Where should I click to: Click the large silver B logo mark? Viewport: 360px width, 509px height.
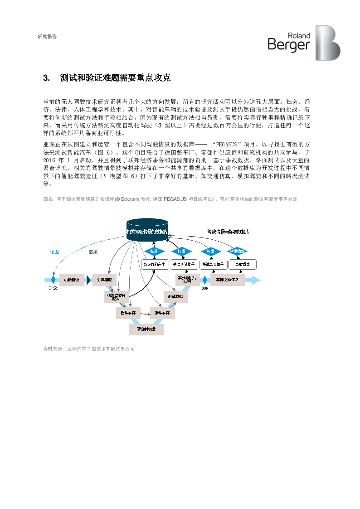[327, 43]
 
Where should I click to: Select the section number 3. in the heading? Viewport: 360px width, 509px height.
[46, 78]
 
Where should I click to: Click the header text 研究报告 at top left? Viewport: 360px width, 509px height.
[47, 37]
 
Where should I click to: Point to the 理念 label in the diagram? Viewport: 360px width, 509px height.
[53, 288]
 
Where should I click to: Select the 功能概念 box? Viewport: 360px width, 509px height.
[72, 280]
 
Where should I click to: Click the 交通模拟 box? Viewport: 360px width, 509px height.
[105, 280]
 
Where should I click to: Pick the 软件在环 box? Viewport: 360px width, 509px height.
[128, 313]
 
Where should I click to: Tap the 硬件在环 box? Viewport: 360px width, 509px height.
[162, 313]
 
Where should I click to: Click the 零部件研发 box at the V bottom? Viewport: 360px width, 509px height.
[146, 329]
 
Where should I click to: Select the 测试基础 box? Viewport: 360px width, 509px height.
[175, 296]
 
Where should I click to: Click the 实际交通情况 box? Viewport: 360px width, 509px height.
[227, 280]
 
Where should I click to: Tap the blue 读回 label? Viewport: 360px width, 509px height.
[54, 252]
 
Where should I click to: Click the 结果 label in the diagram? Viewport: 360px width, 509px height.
[93, 252]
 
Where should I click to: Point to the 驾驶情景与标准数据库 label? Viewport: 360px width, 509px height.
[227, 231]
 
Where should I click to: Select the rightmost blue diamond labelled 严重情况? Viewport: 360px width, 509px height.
[238, 251]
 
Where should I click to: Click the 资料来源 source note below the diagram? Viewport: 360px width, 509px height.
[88, 349]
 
